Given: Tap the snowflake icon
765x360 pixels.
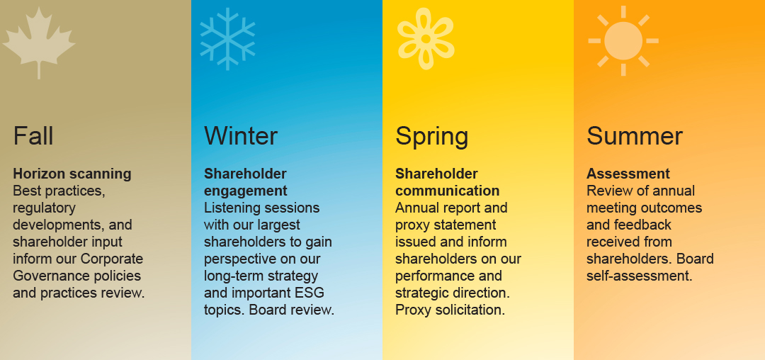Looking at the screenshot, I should [227, 39].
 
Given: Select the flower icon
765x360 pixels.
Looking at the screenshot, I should [425, 39].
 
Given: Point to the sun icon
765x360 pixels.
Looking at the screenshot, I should [623, 40].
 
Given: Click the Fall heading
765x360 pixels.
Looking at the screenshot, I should [33, 135].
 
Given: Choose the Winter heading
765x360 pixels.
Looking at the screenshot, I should [241, 135].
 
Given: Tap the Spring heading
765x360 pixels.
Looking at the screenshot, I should [432, 136].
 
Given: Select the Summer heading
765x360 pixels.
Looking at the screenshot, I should [635, 135].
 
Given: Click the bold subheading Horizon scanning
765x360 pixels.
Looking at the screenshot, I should [72, 174].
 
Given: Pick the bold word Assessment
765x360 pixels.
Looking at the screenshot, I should [628, 174].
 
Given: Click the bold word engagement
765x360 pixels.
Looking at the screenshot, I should [246, 191].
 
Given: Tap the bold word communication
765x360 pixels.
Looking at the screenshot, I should [447, 191].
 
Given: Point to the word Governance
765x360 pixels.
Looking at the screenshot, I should [47, 276].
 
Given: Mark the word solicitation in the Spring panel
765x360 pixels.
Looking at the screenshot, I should [469, 310].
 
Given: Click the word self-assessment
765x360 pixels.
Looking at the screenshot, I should [639, 276].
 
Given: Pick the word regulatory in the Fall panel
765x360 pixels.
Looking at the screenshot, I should [44, 208].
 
